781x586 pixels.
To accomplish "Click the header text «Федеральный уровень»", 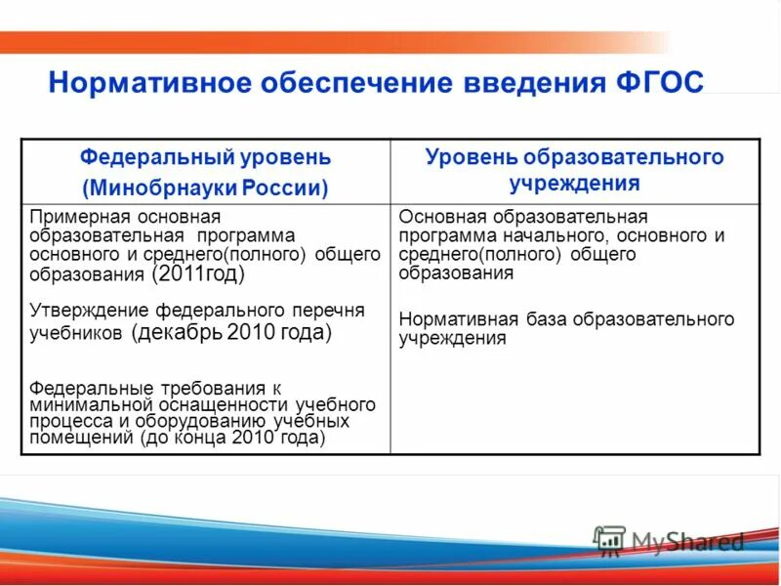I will tap(205, 157).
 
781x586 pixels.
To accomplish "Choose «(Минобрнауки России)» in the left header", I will tap(205, 187).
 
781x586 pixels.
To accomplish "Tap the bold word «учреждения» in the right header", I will tap(574, 183).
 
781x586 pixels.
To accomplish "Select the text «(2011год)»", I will tap(198, 274).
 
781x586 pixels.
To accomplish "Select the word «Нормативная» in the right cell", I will tap(449, 320).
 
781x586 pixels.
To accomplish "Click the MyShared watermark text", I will tap(688, 542).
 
